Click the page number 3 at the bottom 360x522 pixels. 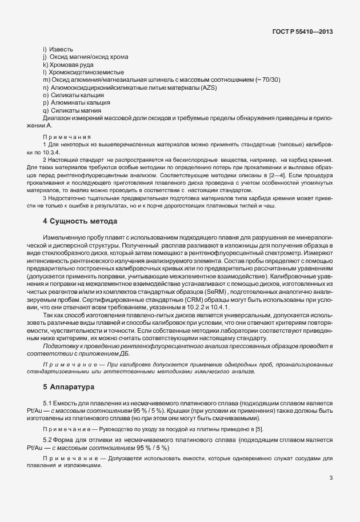click(x=331, y=478)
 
